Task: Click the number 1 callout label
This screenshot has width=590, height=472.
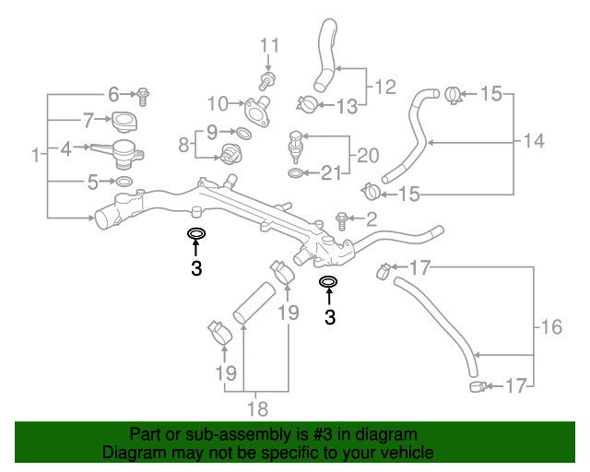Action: coord(36,156)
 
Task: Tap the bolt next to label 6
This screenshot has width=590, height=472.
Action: coord(144,93)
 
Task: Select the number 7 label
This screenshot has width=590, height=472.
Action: coord(88,120)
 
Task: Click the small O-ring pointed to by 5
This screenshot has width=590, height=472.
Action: coord(125,182)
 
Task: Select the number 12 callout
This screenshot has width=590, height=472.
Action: coord(384,88)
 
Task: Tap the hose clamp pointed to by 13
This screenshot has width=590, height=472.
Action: coord(309,103)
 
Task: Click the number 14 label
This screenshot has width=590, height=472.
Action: coord(534,141)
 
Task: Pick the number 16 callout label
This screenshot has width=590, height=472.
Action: coord(550,326)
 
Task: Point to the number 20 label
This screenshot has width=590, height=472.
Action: coord(368,154)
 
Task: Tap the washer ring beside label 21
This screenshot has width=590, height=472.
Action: coord(294,172)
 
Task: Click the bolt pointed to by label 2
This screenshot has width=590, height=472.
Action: coord(342,219)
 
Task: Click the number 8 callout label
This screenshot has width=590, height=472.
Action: coord(183,144)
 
